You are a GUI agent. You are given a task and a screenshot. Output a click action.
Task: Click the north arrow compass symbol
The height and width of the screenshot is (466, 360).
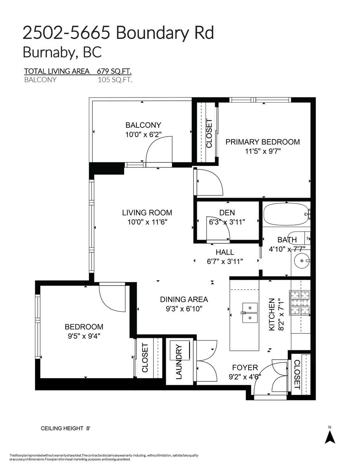point(330,437)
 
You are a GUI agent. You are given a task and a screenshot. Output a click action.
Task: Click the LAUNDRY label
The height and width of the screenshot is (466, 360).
point(179,361)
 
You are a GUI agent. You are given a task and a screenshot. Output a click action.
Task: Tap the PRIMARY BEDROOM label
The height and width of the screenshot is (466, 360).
point(263,142)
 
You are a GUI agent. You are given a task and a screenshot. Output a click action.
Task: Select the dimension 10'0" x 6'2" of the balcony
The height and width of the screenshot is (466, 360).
point(143,134)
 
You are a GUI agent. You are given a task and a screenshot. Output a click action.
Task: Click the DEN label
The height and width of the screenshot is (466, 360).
point(227,212)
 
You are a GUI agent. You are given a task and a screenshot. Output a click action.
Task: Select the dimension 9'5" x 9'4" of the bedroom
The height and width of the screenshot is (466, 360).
point(84,336)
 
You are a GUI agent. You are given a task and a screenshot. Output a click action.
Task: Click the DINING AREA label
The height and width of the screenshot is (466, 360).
point(184,299)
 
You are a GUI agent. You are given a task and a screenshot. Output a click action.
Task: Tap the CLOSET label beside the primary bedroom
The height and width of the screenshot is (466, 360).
point(209,133)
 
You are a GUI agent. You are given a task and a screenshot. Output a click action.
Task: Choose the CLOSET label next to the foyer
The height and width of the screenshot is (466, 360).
point(297,375)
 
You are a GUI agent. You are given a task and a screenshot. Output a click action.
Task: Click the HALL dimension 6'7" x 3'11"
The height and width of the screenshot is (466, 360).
point(225,261)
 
